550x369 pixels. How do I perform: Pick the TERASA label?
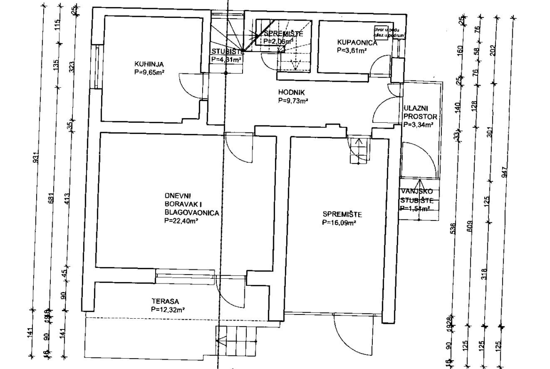(x=163, y=302)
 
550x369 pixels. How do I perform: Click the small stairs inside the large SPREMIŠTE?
(x=360, y=150)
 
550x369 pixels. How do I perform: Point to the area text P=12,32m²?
(x=167, y=310)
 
